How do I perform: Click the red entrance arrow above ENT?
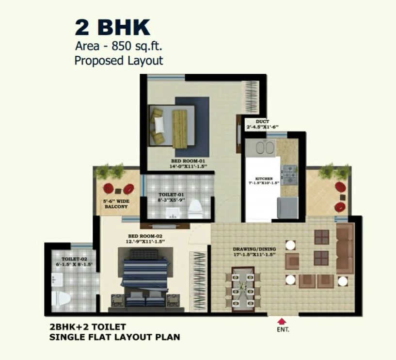[281, 321]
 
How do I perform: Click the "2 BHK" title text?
[112, 28]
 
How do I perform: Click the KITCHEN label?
[264, 179]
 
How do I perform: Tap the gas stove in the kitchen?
[290, 175]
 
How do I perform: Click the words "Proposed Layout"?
[118, 61]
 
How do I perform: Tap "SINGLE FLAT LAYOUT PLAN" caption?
[115, 336]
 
